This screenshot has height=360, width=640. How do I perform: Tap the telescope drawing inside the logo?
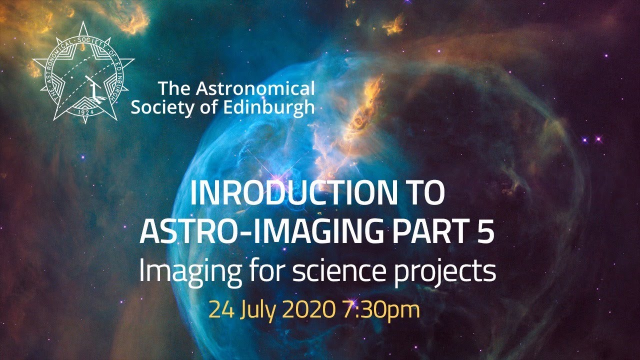tap(92, 85)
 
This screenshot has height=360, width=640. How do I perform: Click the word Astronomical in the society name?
tap(255, 89)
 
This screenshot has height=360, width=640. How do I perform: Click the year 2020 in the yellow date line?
tap(307, 310)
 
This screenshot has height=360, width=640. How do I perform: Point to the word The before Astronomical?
tap(174, 89)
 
